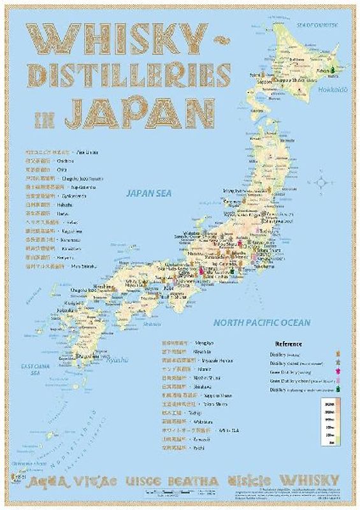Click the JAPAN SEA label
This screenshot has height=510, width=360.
(x=150, y=191)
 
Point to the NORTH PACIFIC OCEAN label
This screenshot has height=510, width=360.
(x=262, y=323)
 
